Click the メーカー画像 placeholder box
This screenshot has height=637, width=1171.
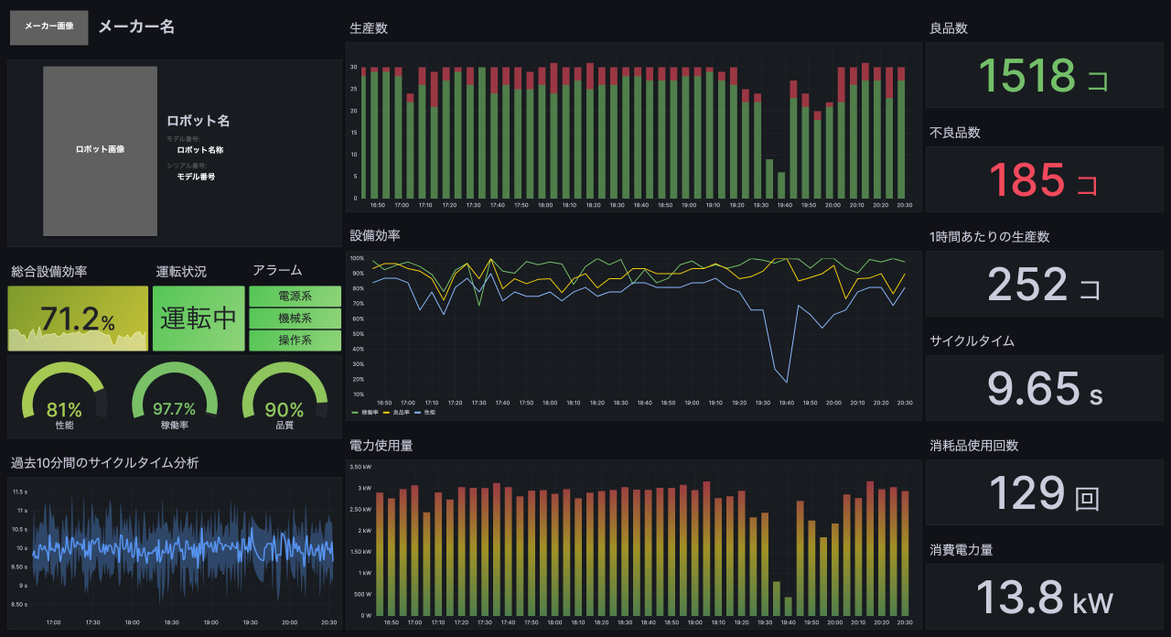[x=49, y=27]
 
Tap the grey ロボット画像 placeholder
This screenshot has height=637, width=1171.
[x=100, y=150]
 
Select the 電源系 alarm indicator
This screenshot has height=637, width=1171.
[x=295, y=297]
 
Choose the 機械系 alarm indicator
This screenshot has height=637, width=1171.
[x=295, y=318]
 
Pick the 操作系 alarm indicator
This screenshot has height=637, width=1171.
[x=295, y=340]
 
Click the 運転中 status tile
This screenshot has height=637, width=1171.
[x=199, y=318]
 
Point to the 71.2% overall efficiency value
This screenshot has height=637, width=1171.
[x=77, y=319]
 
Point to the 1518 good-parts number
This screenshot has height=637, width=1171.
[x=1026, y=76]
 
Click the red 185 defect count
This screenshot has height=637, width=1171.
[x=1026, y=180]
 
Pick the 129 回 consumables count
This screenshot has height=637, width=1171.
[x=1026, y=493]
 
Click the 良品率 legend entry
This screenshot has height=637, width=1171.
[x=400, y=413]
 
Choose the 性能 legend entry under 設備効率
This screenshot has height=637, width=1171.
[x=425, y=413]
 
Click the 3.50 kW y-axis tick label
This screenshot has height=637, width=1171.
[x=360, y=467]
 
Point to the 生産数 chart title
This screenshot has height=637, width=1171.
[x=369, y=28]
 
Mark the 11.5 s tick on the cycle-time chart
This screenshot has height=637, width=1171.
[x=20, y=491]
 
